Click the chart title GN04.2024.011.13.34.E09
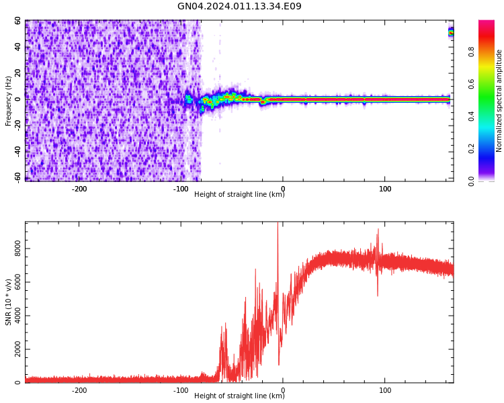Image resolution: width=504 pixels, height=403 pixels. click(239, 7)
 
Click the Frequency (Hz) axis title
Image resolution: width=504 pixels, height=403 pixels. click(9, 101)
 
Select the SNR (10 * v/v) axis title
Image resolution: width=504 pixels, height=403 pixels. click(9, 302)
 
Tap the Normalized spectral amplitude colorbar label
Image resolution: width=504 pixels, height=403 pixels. click(499, 101)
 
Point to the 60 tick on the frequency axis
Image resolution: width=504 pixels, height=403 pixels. click(17, 21)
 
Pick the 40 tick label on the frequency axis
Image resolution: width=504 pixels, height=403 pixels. click(17, 47)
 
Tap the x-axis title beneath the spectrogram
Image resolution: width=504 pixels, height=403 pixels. click(239, 195)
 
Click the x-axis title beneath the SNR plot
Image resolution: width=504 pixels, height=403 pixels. click(239, 396)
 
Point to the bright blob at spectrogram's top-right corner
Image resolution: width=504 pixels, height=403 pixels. click(451, 32)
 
